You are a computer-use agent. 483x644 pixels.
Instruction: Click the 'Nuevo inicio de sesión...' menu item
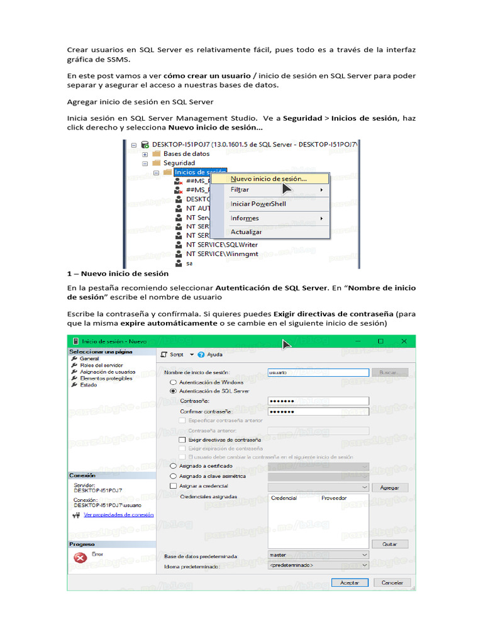click(x=269, y=179)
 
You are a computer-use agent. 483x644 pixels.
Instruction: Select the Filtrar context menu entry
click(x=240, y=190)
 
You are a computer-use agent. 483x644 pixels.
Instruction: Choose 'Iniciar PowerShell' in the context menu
click(x=258, y=204)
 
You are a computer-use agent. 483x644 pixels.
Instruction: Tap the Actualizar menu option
click(x=246, y=232)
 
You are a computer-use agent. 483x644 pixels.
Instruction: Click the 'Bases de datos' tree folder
click(x=186, y=153)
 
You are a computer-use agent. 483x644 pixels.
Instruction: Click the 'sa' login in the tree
click(x=189, y=264)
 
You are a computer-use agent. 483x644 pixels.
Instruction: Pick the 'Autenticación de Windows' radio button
click(x=174, y=382)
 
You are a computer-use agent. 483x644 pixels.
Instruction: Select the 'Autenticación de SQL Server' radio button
click(x=174, y=391)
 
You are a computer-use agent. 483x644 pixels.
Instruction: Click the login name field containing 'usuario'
click(x=318, y=372)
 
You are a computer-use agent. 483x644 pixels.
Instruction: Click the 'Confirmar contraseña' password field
click(x=318, y=411)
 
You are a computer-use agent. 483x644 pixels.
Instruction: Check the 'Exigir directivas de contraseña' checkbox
click(x=182, y=440)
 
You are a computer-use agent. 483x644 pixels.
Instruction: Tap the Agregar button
click(x=390, y=487)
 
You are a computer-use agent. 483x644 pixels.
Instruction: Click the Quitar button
click(x=390, y=544)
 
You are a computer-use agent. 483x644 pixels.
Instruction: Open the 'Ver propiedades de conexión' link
click(x=118, y=514)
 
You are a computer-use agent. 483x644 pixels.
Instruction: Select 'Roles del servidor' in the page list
click(x=101, y=365)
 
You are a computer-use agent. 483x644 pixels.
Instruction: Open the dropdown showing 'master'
click(x=318, y=555)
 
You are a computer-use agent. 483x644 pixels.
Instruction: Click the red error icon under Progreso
click(x=80, y=558)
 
